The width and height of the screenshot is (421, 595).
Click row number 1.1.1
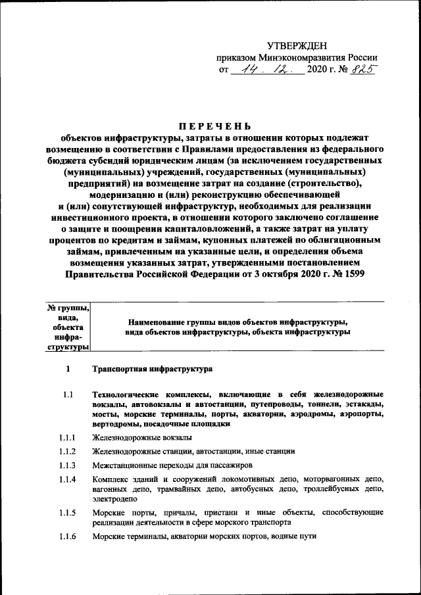(x=68, y=437)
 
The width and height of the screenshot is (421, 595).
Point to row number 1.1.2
(x=68, y=451)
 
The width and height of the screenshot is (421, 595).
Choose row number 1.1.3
(x=68, y=465)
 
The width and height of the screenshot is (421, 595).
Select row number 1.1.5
(x=68, y=512)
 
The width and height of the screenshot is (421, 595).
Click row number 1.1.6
(x=68, y=536)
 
